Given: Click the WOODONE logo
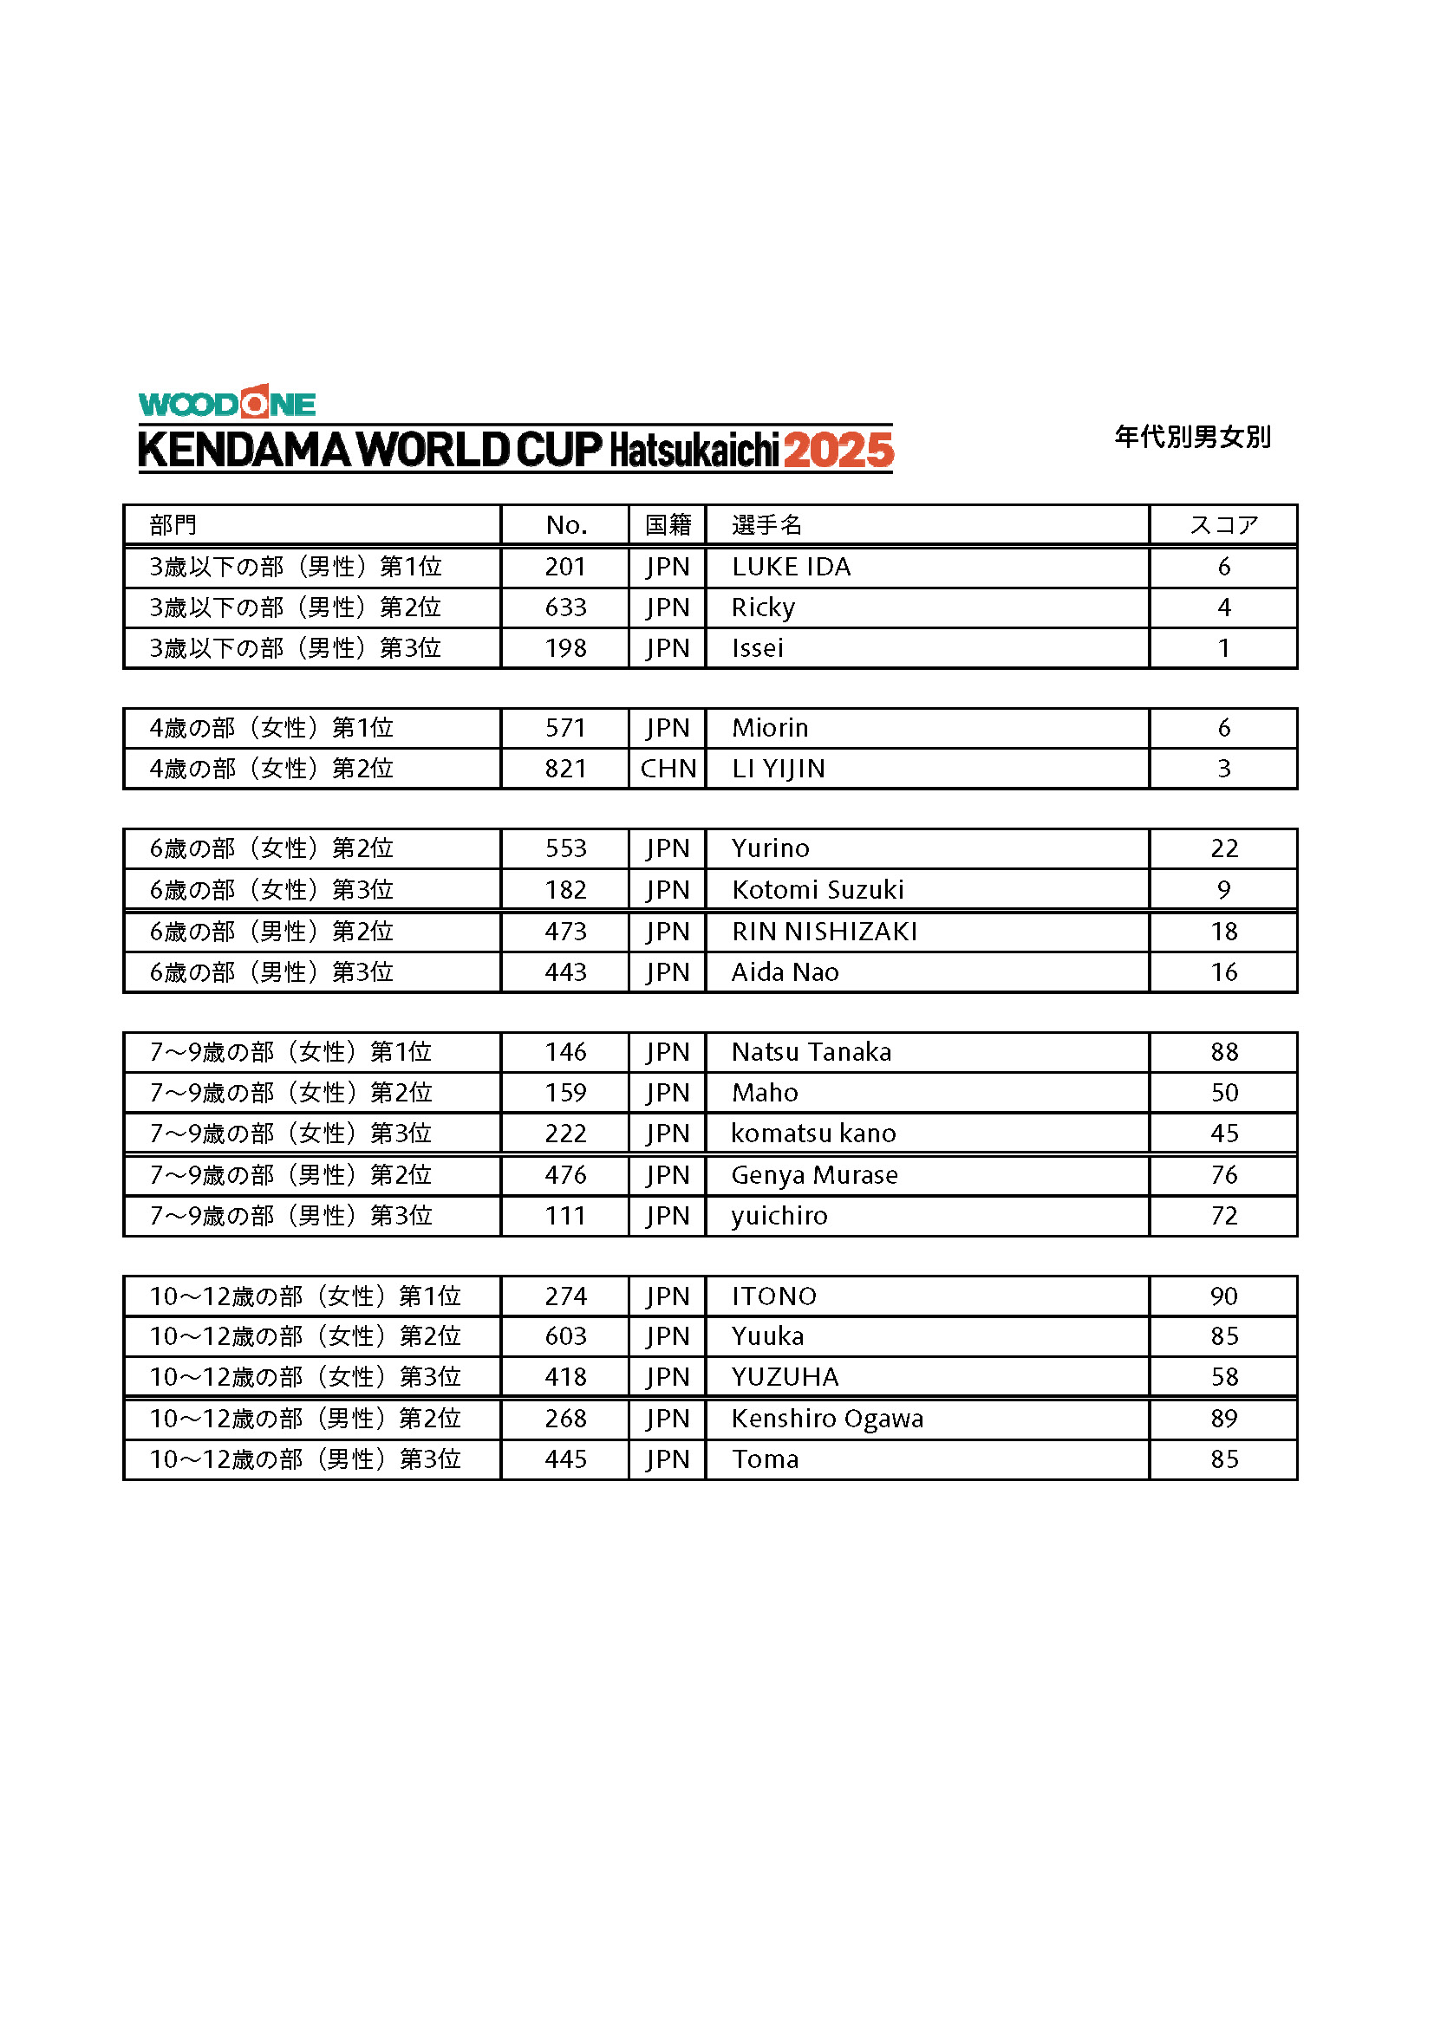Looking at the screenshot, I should (x=227, y=404).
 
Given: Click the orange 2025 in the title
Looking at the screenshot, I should (x=838, y=451).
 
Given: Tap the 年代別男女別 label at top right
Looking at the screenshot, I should (x=1192, y=437).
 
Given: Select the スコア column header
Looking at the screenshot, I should (x=1223, y=525).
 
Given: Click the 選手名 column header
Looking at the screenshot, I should (x=766, y=525).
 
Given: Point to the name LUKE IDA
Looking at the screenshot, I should (x=791, y=567).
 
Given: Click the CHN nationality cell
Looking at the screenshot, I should (x=668, y=769).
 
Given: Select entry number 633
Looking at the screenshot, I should (x=565, y=607).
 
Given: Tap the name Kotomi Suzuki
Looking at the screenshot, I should (x=817, y=890).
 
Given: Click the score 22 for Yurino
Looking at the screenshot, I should (x=1224, y=848).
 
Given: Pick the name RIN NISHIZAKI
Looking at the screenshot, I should (x=824, y=932).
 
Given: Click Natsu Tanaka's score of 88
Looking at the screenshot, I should (x=1224, y=1052).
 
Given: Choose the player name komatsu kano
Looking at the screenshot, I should (x=812, y=1134).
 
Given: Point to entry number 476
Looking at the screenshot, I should (x=565, y=1175).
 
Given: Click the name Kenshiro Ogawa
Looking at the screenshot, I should (x=826, y=1419).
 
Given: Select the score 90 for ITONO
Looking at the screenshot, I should (x=1224, y=1296).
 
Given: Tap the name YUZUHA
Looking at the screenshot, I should (x=784, y=1377).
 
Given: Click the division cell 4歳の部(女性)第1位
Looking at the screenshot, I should (x=271, y=728).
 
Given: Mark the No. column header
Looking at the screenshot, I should (x=566, y=525).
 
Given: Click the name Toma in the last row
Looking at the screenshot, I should (x=765, y=1459).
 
